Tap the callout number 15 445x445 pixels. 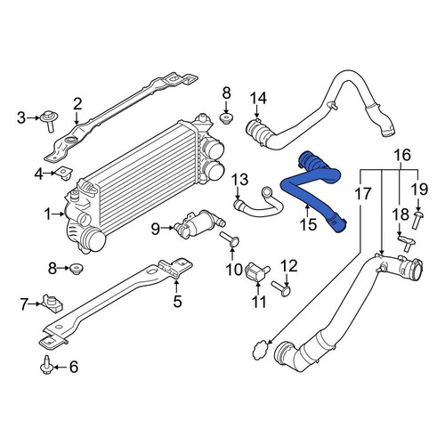[x=308, y=224]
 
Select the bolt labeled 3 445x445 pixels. [x=50, y=121]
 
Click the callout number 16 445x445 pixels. [x=402, y=155]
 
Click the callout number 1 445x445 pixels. [x=48, y=214]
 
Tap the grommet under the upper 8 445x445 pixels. [x=226, y=117]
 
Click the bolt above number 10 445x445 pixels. [x=230, y=239]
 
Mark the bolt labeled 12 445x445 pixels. [x=280, y=288]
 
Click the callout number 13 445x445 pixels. [x=239, y=180]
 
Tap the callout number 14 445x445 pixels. [x=258, y=98]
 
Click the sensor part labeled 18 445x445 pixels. [x=407, y=242]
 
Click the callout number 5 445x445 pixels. [x=177, y=301]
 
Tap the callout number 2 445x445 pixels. [x=77, y=104]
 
